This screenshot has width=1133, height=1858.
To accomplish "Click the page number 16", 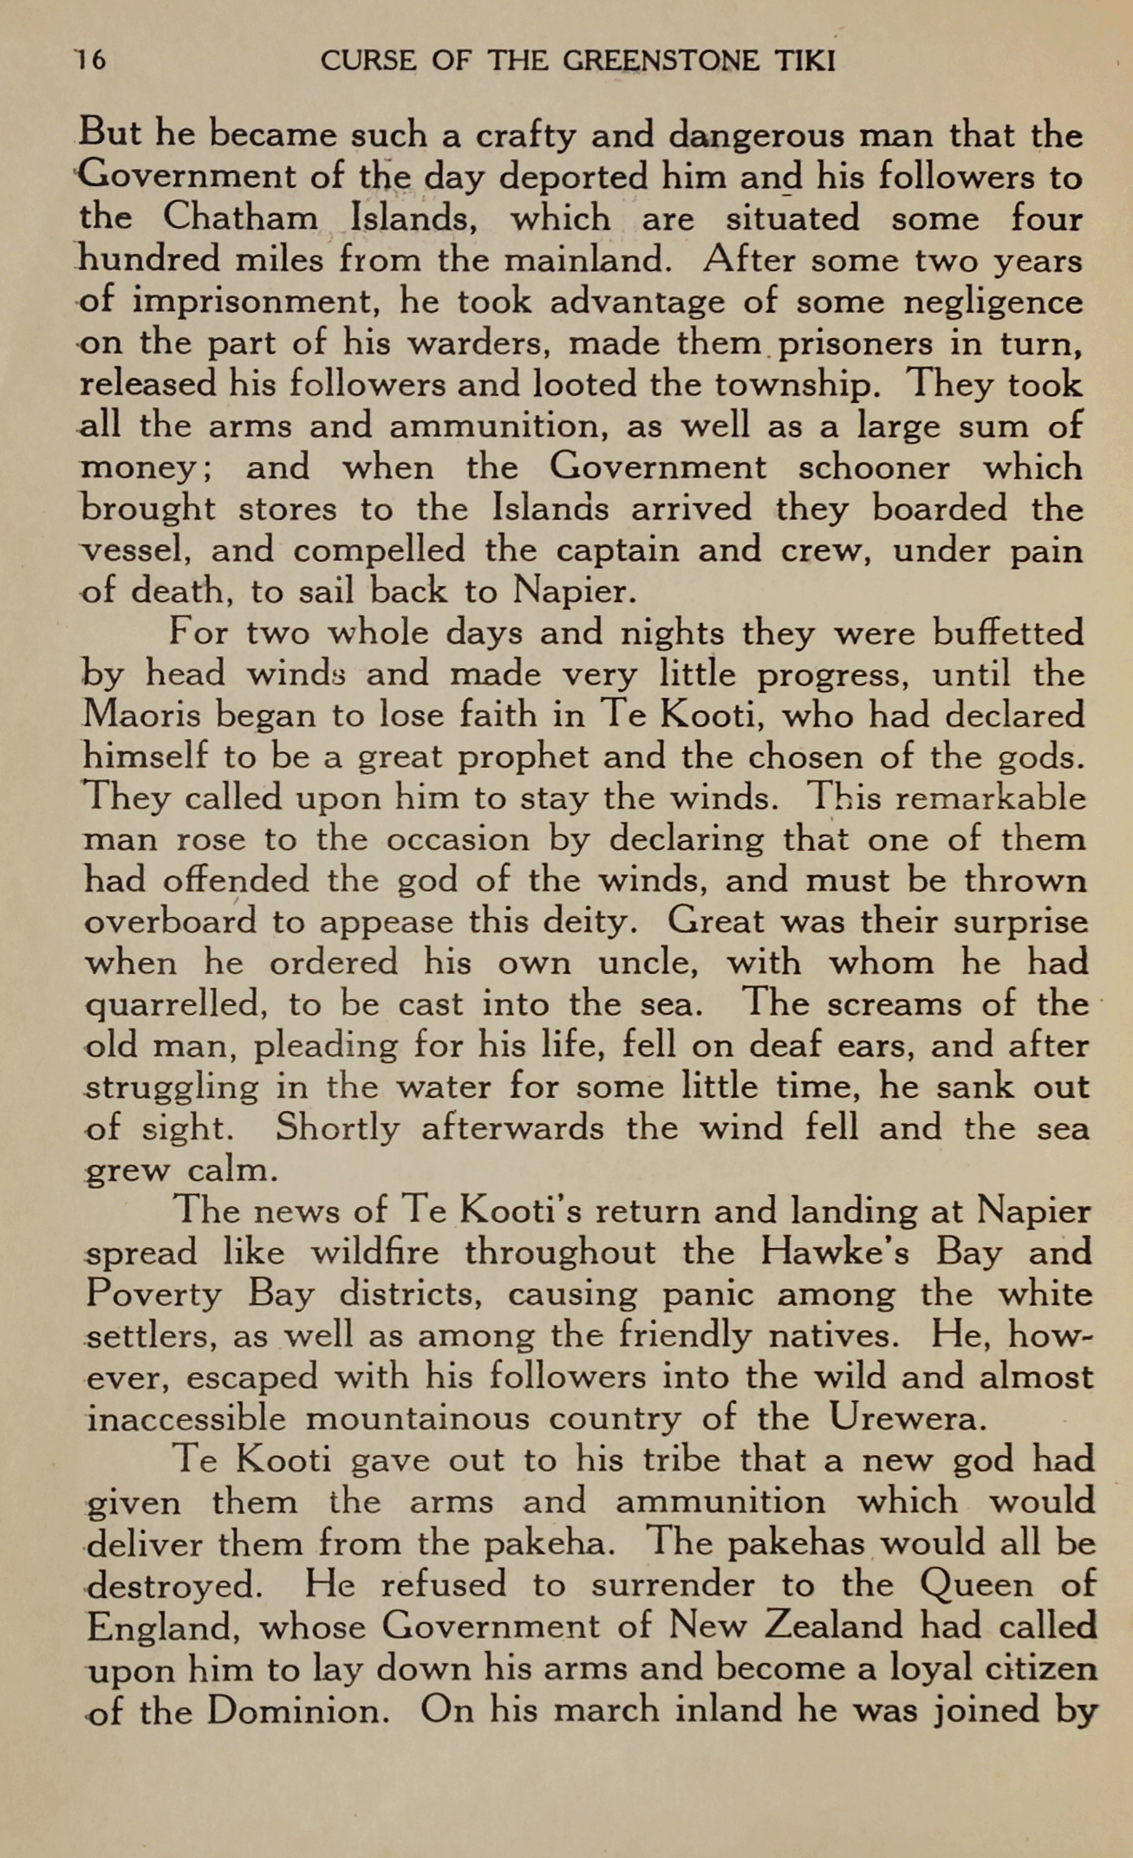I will (x=89, y=62).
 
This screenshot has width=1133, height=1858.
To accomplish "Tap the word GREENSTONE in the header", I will (x=660, y=62).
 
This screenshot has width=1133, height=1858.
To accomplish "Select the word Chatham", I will (x=240, y=218).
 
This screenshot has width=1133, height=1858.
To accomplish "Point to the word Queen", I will (x=976, y=1585).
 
